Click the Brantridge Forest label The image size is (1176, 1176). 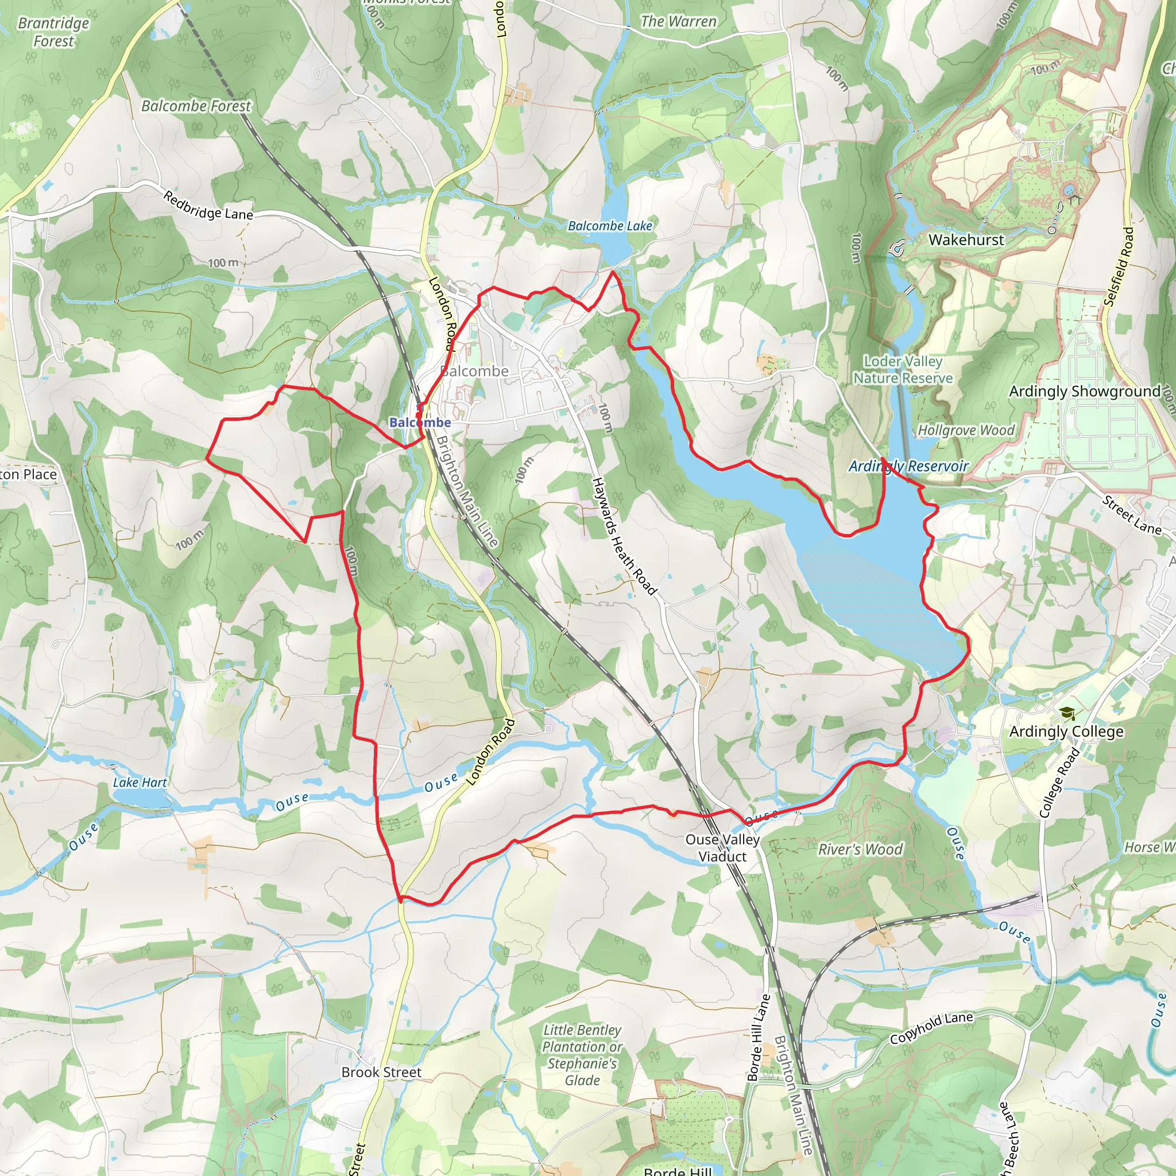pos(53,32)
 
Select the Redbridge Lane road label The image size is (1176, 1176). pos(208,206)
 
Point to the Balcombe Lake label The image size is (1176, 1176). pos(610,226)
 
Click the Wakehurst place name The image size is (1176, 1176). pos(966,241)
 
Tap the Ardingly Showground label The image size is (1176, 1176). pos(1085,392)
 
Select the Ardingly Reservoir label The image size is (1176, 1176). pos(908,467)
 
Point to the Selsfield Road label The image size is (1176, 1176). pos(1119,266)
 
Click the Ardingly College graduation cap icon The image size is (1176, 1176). pos(1066,713)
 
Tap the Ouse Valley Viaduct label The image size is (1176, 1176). pos(722,848)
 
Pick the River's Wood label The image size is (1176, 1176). pos(860,849)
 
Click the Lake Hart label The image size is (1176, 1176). pos(140,783)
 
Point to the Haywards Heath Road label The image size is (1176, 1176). pos(625,536)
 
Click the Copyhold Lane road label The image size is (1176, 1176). pos(931,1028)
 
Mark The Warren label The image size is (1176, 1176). pos(678,22)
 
